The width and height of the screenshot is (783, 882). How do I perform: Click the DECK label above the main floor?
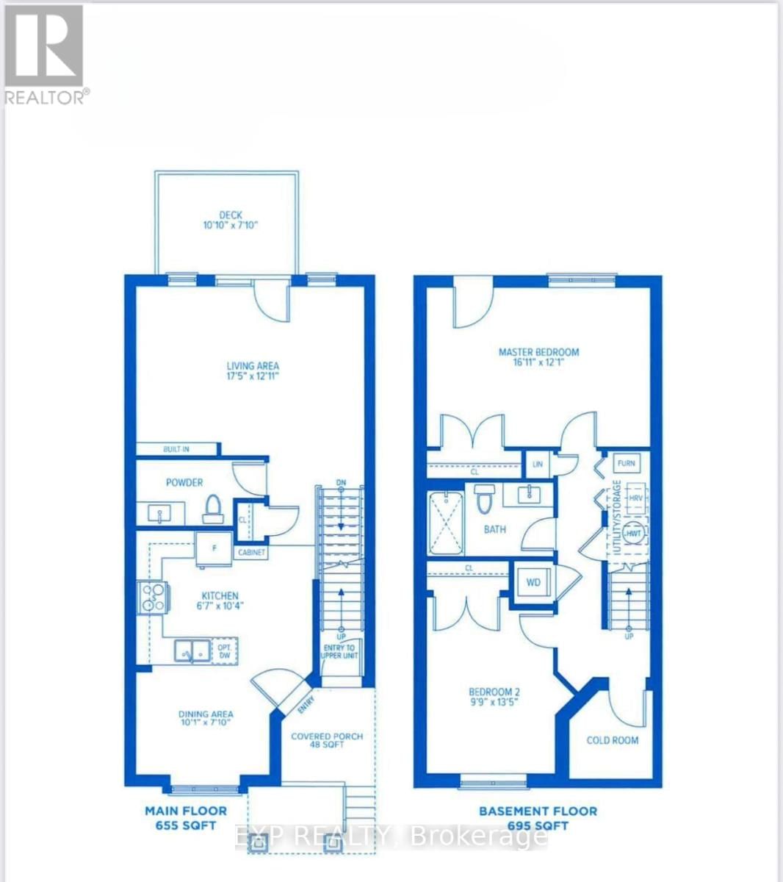[230, 215]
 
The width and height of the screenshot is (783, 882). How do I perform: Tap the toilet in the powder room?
[213, 508]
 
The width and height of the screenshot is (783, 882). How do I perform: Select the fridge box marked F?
[213, 548]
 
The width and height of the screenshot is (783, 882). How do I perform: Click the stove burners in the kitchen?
[154, 596]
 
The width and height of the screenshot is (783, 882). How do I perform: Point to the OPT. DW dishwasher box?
[224, 650]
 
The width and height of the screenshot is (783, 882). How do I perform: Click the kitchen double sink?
[193, 650]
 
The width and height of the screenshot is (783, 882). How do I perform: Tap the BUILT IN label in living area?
[176, 449]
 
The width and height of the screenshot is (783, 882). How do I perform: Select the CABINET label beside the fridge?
[250, 553]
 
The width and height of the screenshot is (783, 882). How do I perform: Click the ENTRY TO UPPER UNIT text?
[341, 651]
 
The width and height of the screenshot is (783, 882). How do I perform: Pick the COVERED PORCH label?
[327, 736]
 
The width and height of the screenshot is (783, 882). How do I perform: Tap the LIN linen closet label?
[536, 465]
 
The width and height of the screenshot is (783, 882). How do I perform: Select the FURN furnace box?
[626, 464]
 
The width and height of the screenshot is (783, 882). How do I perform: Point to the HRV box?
[635, 498]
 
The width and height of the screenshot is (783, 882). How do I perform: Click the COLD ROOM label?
[612, 740]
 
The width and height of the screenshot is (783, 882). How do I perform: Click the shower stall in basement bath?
[447, 523]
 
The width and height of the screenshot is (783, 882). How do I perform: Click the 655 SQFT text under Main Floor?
[185, 825]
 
